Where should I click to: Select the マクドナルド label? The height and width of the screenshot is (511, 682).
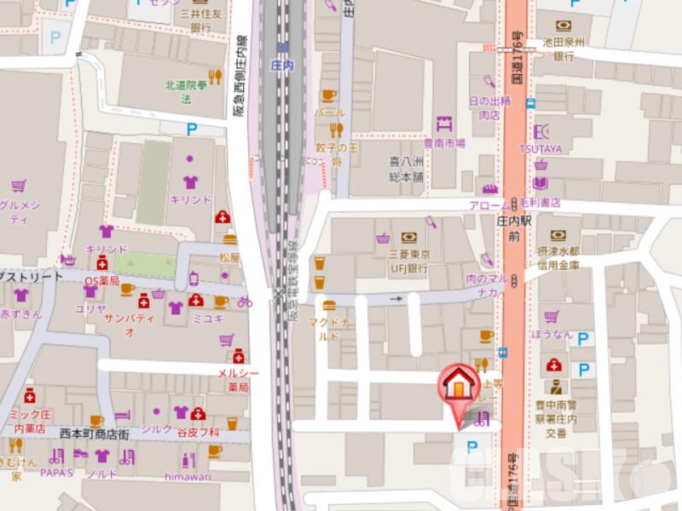(x=329, y=328)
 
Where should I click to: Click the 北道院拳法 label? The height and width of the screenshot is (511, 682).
(x=186, y=91)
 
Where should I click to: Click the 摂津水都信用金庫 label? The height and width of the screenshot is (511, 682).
(x=562, y=259)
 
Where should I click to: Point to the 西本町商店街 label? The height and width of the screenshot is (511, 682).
(x=83, y=434)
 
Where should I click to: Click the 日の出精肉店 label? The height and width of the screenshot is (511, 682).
(x=489, y=106)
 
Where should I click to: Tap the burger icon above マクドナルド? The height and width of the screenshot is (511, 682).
(x=328, y=304)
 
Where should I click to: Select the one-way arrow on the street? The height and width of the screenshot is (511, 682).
(x=395, y=299)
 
